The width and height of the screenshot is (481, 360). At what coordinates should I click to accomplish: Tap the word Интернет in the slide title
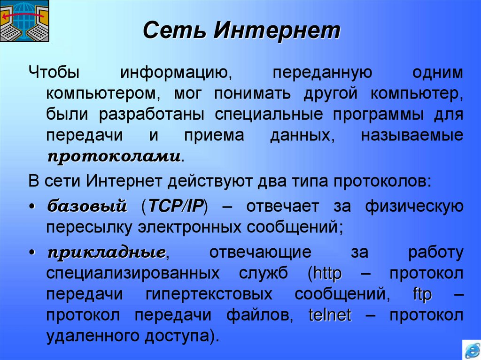pyautogui.click(x=276, y=31)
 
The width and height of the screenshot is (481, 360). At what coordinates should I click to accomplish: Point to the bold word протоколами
pyautogui.click(x=114, y=156)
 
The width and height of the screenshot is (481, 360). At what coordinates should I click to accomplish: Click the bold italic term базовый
pyautogui.click(x=87, y=205)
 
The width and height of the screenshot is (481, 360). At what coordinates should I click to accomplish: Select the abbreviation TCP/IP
pyautogui.click(x=176, y=205)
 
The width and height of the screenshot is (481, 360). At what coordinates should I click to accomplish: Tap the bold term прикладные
pyautogui.click(x=106, y=252)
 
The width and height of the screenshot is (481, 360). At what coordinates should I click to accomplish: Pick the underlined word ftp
pyautogui.click(x=422, y=294)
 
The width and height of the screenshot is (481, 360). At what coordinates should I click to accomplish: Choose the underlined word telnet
pyautogui.click(x=330, y=315)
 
